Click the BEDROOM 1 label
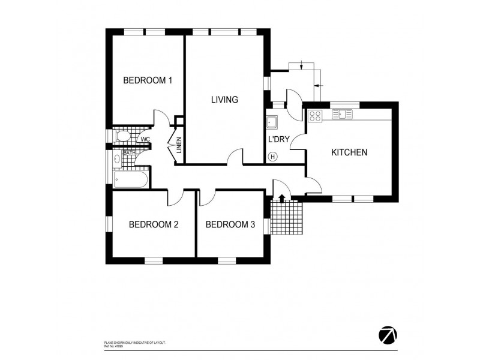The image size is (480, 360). click(x=148, y=80)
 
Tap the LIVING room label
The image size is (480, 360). click(x=225, y=100)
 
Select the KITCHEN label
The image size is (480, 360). click(x=349, y=152)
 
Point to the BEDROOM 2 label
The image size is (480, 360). click(x=154, y=225)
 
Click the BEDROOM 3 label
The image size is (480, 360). click(x=230, y=225)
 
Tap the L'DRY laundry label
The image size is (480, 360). click(x=279, y=139)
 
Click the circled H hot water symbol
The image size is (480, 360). click(x=273, y=157)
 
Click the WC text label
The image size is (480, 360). click(x=145, y=140)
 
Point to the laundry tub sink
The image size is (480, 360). click(x=273, y=122)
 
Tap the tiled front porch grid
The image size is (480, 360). click(x=287, y=217)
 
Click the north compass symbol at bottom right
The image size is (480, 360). click(x=388, y=335)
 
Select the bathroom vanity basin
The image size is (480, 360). click(x=117, y=160)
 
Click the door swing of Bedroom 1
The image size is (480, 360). click(x=161, y=117)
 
